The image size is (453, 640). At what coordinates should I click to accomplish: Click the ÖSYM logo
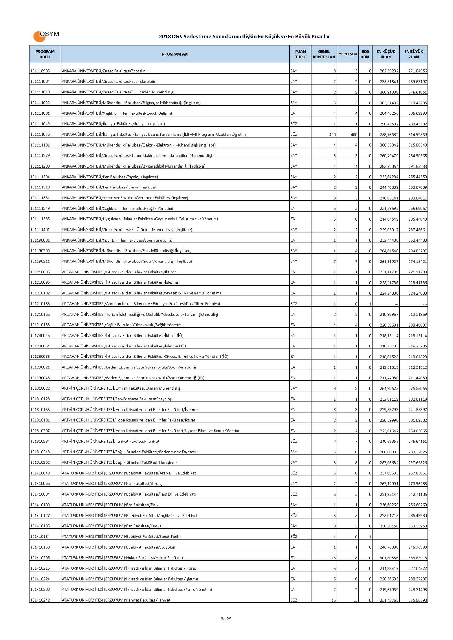[x=46, y=36]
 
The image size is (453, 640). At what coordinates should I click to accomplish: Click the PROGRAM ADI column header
[x=175, y=54]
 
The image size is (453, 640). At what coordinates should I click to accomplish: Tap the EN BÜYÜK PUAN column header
[x=414, y=54]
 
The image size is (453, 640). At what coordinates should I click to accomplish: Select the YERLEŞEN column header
[x=348, y=54]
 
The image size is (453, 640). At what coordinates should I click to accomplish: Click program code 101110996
[x=40, y=71]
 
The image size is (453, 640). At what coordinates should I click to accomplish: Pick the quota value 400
[x=332, y=135]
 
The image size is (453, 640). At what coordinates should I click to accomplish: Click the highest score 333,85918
[x=418, y=558]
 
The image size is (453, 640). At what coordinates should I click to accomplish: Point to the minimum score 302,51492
[x=389, y=103]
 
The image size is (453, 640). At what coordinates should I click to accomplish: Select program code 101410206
[x=40, y=558]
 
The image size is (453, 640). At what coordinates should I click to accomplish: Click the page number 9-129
[x=226, y=619]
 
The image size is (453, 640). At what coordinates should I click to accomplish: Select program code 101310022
[x=40, y=388]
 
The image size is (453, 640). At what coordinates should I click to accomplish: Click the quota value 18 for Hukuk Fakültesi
[x=334, y=558]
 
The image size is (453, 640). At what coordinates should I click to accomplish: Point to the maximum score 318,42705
[x=418, y=103]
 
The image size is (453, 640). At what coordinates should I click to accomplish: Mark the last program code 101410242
[x=40, y=600]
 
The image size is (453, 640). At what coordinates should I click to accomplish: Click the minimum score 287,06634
[x=389, y=462]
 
